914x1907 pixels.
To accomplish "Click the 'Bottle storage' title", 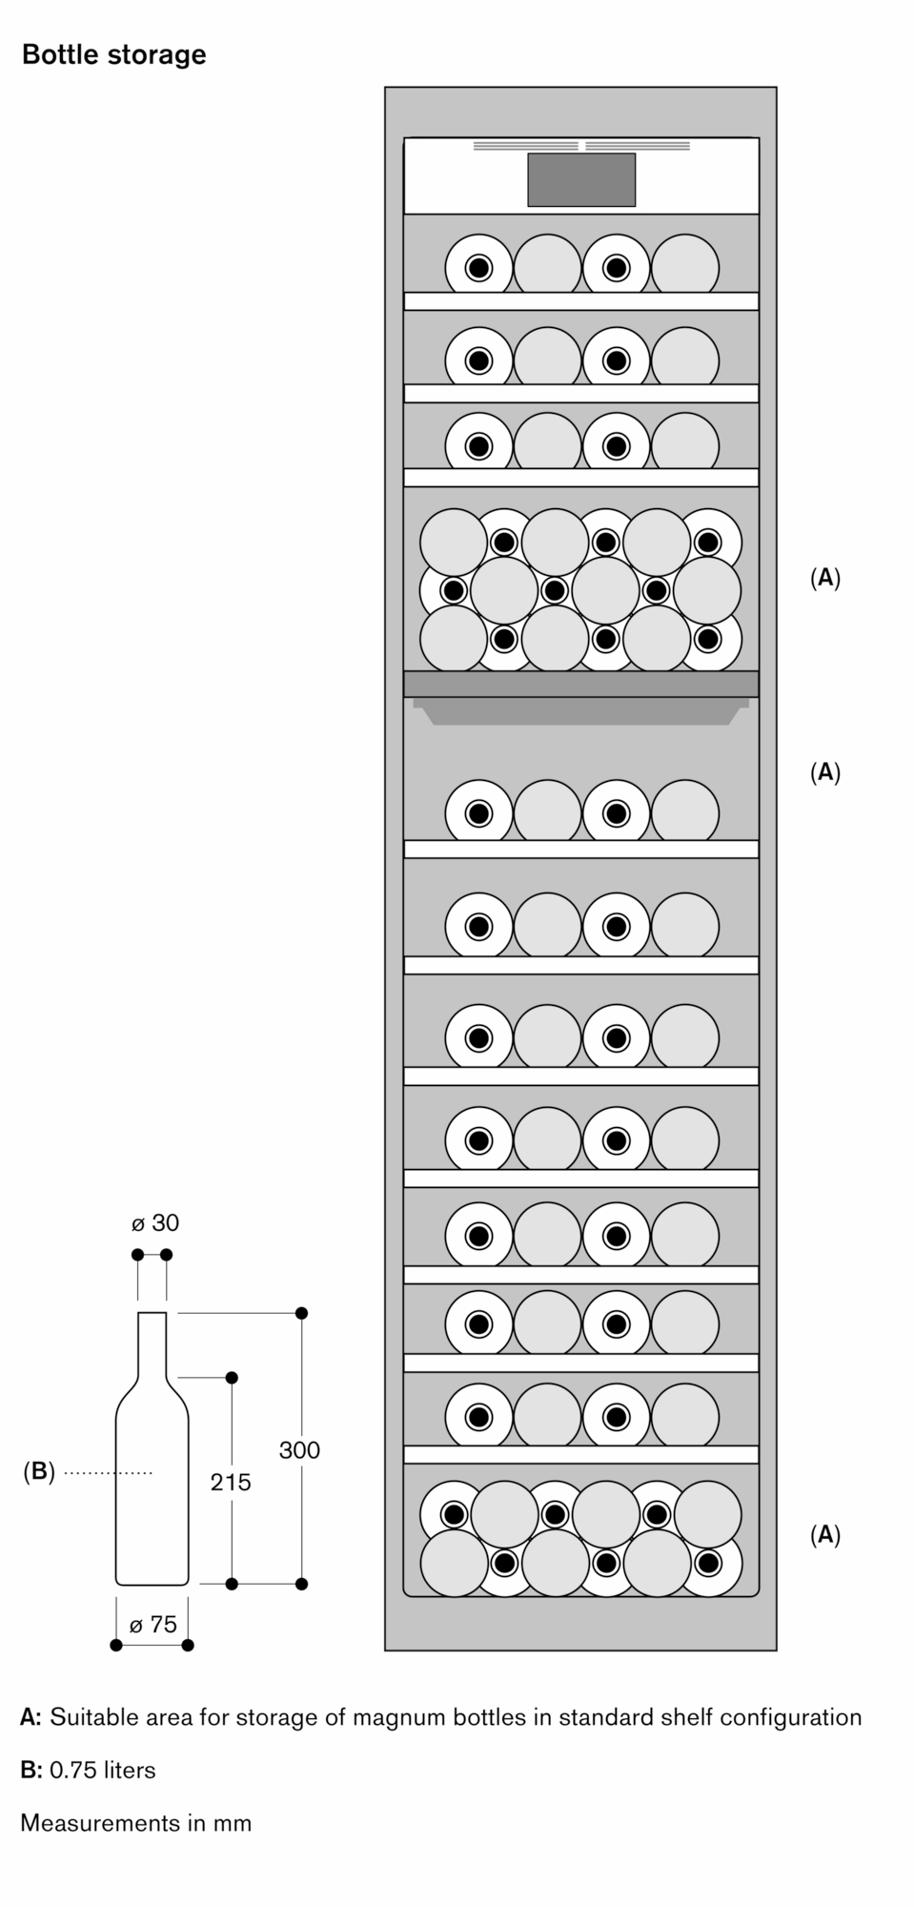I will [x=113, y=55].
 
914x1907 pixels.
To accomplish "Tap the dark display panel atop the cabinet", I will [x=581, y=179].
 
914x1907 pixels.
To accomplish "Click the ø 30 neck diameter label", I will [x=155, y=1223].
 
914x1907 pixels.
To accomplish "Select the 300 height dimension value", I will [x=299, y=1450].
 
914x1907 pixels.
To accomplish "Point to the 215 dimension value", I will [x=231, y=1482].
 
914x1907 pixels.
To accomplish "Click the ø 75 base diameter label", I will [x=153, y=1624].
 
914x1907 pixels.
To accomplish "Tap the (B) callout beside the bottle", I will [x=38, y=1472].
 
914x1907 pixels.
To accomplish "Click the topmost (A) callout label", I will [x=825, y=578].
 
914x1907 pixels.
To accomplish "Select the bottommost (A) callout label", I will [x=825, y=1534].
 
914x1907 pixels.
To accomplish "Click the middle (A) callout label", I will [x=825, y=771].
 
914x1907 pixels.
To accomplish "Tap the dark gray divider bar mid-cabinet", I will [x=581, y=684].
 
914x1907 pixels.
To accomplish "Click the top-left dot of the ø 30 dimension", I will [x=138, y=1254].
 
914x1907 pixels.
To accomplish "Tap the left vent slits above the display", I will [x=526, y=147].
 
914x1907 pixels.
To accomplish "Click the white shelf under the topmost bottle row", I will [x=581, y=301].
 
